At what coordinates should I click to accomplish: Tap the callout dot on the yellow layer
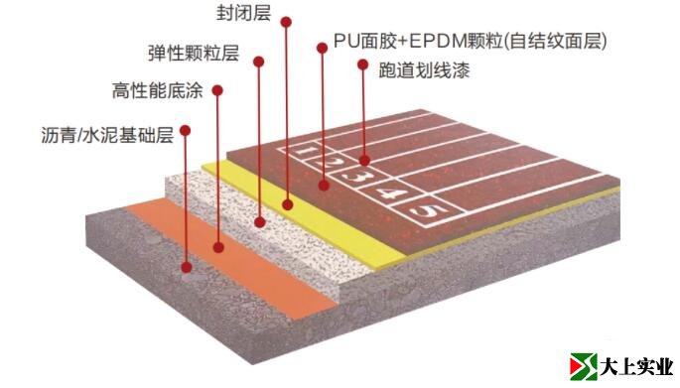287,203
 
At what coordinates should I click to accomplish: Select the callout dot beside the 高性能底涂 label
216,91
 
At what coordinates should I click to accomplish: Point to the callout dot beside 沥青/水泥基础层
186,130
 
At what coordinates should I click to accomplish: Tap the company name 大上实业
637,368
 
